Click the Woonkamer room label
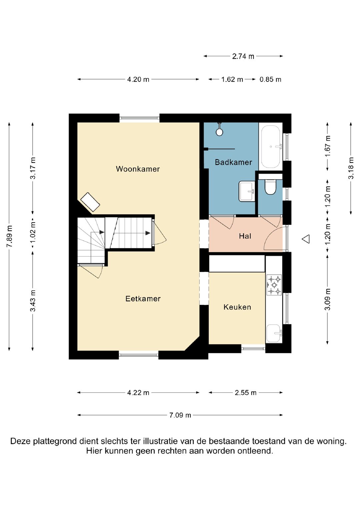(x=138, y=169)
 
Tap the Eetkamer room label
(x=143, y=298)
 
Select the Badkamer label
(x=233, y=162)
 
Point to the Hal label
(x=245, y=236)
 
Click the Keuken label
(x=237, y=307)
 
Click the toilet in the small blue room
(x=270, y=187)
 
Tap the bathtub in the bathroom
(x=271, y=147)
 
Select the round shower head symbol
(x=219, y=132)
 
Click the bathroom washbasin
(x=247, y=191)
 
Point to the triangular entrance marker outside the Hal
(x=306, y=239)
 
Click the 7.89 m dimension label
(x=9, y=236)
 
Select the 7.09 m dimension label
(x=180, y=415)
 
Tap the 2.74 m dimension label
(x=243, y=56)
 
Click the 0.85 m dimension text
(x=270, y=80)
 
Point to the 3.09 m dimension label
(x=327, y=299)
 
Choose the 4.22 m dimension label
(x=138, y=393)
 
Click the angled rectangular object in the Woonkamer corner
(x=90, y=202)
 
